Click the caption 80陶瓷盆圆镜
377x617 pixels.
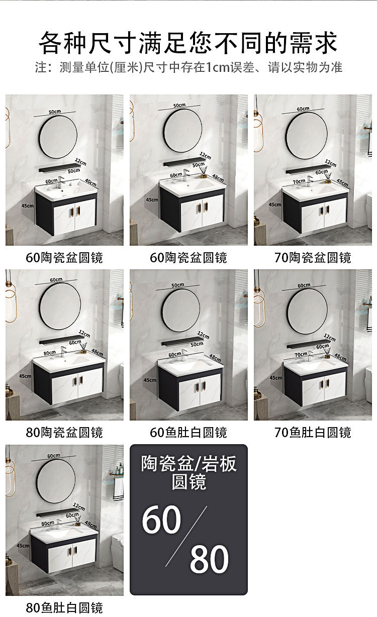pyautogui.click(x=64, y=432)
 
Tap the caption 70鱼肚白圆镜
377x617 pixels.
pyautogui.click(x=313, y=432)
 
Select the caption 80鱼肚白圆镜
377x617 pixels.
pyautogui.click(x=64, y=607)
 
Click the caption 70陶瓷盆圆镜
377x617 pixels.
pyautogui.click(x=313, y=258)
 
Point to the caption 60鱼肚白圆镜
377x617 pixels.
pyautogui.click(x=189, y=432)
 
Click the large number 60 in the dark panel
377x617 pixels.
pyautogui.click(x=161, y=520)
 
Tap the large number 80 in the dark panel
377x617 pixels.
pyautogui.click(x=209, y=558)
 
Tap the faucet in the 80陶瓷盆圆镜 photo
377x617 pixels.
pyautogui.click(x=63, y=351)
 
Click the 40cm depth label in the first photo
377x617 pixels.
pyautogui.click(x=90, y=182)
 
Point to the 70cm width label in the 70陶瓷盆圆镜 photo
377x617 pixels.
pyautogui.click(x=299, y=181)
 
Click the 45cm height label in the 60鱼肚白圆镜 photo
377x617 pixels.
pyautogui.click(x=150, y=380)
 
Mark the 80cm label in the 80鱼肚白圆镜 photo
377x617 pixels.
pyautogui.click(x=48, y=523)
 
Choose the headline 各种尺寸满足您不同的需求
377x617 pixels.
pyautogui.click(x=189, y=43)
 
